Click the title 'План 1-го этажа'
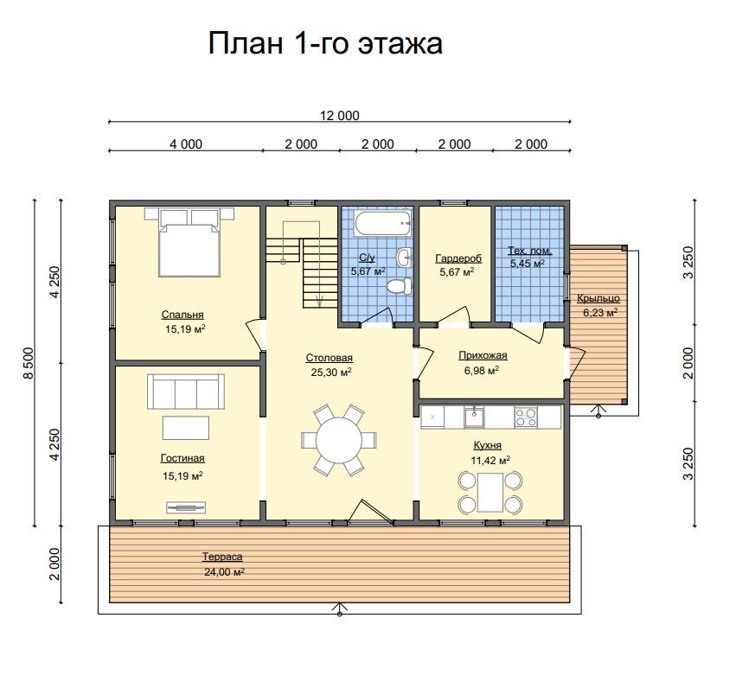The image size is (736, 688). (325, 43)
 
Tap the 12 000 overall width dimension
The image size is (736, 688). (339, 115)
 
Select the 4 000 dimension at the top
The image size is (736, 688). (186, 144)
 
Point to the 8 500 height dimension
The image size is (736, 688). (29, 363)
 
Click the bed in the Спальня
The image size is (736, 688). (189, 242)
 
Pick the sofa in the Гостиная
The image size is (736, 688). (186, 392)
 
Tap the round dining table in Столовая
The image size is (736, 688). (338, 441)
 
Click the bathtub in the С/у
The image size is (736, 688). (383, 224)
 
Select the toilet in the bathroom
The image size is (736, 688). (400, 285)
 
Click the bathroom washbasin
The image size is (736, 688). (405, 257)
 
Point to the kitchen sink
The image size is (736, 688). (474, 417)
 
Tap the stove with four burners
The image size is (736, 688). (526, 417)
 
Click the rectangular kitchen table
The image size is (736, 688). (490, 493)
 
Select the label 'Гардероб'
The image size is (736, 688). (458, 258)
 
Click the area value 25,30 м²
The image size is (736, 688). (331, 373)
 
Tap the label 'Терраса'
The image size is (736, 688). (222, 557)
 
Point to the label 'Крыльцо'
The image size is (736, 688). (598, 298)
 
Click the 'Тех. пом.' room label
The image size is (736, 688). (529, 251)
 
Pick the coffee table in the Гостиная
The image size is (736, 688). (186, 428)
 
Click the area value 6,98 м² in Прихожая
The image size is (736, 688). (482, 371)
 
